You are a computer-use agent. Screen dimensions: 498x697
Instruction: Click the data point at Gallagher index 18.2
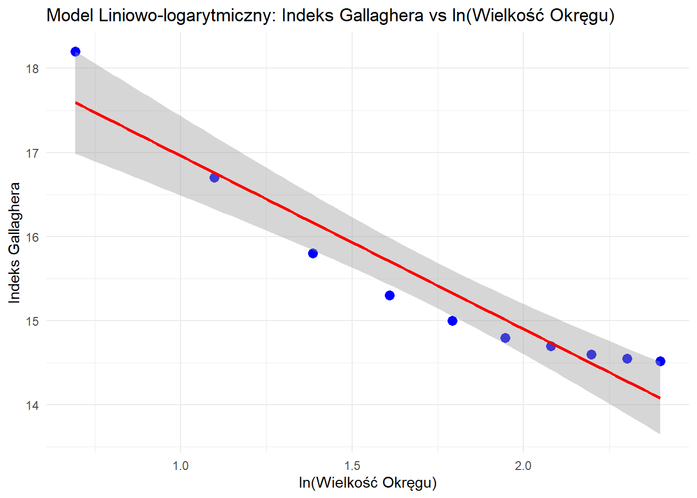(75, 51)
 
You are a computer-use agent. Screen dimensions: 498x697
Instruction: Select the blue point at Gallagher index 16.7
(214, 177)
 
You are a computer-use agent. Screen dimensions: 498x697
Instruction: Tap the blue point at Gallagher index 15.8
(313, 253)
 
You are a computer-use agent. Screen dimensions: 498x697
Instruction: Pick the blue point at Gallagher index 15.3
(389, 295)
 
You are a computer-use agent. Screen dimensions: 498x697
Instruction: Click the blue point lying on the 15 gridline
(452, 321)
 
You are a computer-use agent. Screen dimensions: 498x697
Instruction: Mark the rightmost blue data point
(660, 361)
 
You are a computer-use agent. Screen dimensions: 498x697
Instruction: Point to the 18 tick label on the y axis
(32, 68)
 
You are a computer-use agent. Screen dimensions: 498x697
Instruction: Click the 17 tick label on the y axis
(32, 153)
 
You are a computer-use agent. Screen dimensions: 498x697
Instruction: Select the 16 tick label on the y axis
(32, 237)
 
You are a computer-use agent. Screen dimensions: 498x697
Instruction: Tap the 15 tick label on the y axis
(32, 321)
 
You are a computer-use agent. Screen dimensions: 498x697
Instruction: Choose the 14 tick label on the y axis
(32, 405)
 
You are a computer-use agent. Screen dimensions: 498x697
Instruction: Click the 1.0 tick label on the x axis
(180, 465)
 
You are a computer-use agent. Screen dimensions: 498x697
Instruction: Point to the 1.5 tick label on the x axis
(352, 465)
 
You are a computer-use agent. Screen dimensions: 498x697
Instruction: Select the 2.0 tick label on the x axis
(523, 465)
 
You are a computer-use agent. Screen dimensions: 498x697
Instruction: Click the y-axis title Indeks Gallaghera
(15, 242)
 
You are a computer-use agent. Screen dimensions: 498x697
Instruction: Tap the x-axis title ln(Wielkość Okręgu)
(368, 483)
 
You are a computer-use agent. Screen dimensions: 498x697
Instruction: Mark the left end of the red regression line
(76, 103)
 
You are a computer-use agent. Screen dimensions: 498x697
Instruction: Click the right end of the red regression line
(660, 398)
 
